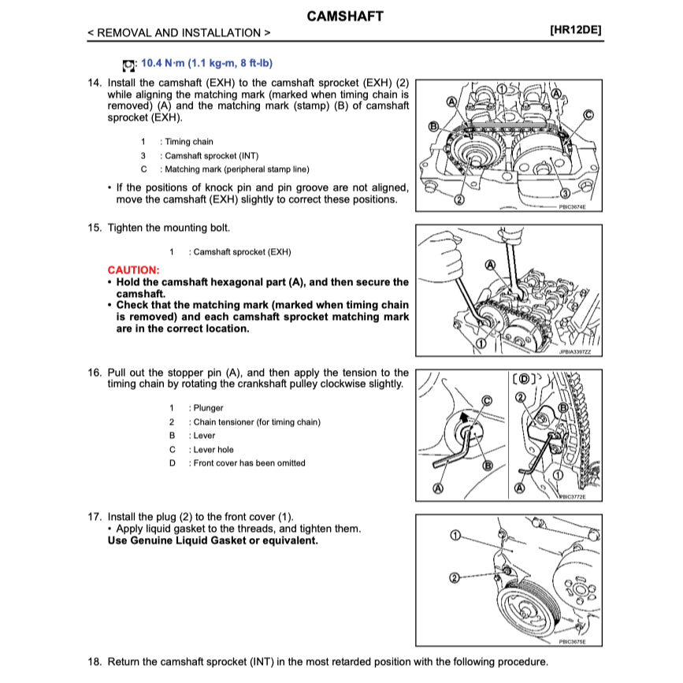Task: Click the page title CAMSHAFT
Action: point(344,16)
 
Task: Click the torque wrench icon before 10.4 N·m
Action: point(128,64)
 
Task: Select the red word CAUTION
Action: point(133,270)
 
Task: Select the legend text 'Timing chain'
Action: point(189,142)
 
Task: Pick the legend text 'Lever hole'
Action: point(213,450)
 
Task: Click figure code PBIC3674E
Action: point(572,207)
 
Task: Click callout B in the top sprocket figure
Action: point(432,126)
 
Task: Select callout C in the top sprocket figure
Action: point(588,114)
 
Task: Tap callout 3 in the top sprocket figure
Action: point(566,194)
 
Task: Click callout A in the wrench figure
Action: point(490,265)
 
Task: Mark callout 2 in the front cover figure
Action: point(455,578)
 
